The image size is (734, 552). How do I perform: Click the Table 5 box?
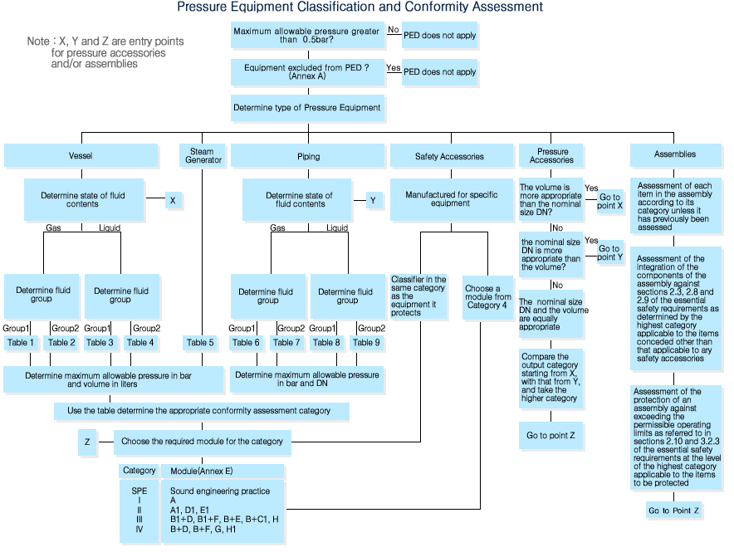click(x=200, y=342)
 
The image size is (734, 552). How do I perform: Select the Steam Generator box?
click(x=202, y=156)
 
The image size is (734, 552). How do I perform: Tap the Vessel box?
click(x=81, y=156)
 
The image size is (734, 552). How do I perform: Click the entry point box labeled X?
click(x=173, y=200)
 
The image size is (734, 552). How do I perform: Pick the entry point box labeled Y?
click(x=373, y=200)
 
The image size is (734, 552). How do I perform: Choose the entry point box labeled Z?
click(x=87, y=442)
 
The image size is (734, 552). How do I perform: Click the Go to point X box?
click(x=609, y=203)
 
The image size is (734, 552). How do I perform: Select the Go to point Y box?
click(x=609, y=252)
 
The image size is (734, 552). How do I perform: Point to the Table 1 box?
click(x=21, y=342)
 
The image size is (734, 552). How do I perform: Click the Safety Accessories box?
click(x=449, y=156)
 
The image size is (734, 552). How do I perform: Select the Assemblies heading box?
click(x=675, y=154)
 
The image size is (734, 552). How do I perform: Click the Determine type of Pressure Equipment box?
click(x=307, y=108)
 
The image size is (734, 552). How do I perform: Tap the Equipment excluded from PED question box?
click(x=307, y=71)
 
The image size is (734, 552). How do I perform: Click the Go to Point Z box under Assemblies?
click(x=674, y=510)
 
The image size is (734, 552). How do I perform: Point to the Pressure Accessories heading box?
click(x=553, y=156)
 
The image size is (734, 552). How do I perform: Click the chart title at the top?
click(x=360, y=7)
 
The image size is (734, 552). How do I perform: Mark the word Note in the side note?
click(x=38, y=42)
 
